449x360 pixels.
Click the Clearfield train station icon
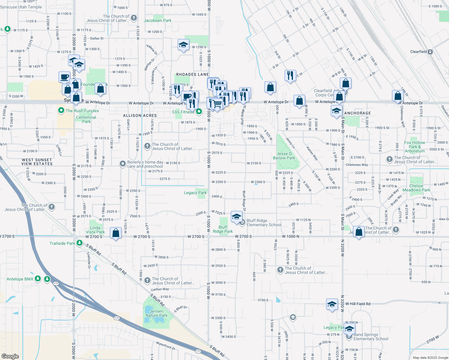(430, 52)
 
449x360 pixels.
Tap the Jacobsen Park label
(158, 20)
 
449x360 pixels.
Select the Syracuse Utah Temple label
(21, 7)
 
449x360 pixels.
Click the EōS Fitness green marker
(199, 112)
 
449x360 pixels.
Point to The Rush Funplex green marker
(61, 111)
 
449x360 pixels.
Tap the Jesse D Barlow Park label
(284, 156)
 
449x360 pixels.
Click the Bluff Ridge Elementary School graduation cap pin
(237, 217)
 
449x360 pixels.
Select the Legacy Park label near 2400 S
(195, 193)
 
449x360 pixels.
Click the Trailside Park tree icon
(79, 243)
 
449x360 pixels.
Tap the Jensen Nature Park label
(156, 313)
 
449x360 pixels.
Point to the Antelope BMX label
(20, 279)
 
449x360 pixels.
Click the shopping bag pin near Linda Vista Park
(116, 233)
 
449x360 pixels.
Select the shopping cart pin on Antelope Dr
(217, 104)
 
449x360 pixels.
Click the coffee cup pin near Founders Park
(65, 77)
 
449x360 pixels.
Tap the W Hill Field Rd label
(358, 304)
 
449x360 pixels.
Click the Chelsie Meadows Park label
(416, 188)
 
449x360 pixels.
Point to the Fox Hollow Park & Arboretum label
(414, 147)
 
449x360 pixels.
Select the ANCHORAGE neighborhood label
(357, 113)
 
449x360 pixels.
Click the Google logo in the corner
(10, 356)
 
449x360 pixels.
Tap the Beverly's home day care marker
(122, 164)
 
